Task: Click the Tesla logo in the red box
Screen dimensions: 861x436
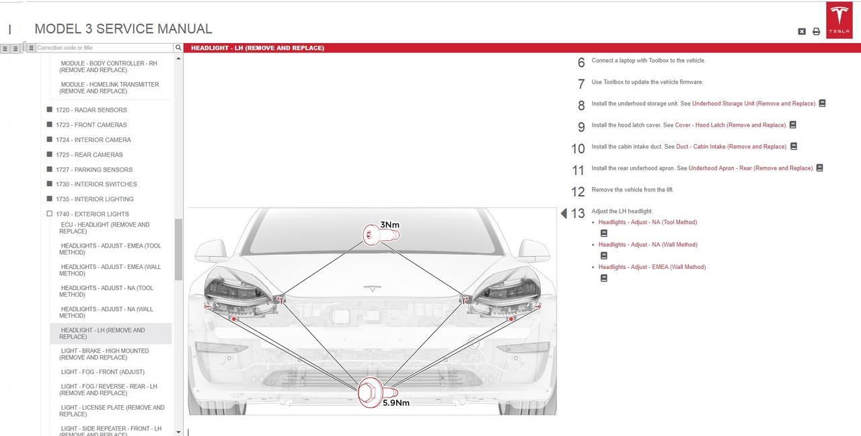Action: click(x=839, y=20)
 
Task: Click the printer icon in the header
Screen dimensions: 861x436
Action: click(x=817, y=32)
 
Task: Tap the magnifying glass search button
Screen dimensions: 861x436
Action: click(x=178, y=48)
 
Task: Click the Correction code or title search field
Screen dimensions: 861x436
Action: click(x=104, y=48)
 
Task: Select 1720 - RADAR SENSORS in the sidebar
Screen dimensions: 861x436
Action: click(x=91, y=110)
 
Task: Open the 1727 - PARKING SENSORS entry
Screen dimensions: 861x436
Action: click(x=94, y=170)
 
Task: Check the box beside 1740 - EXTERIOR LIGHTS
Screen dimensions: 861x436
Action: click(x=50, y=214)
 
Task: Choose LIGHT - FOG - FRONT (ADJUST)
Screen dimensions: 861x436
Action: click(x=103, y=372)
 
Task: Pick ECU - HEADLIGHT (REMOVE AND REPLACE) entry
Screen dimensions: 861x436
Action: click(x=104, y=228)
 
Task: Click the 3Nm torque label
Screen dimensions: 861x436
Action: click(x=389, y=225)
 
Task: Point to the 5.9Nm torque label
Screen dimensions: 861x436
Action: click(x=396, y=402)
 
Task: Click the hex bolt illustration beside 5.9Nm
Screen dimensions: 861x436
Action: click(x=377, y=392)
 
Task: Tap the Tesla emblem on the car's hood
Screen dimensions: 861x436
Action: click(x=372, y=288)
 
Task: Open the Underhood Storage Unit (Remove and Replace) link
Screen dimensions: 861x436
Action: click(x=754, y=104)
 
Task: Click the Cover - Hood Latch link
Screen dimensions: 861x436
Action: click(x=731, y=125)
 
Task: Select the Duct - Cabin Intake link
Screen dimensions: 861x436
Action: click(x=731, y=147)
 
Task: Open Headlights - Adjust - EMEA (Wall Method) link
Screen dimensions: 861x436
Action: click(x=652, y=267)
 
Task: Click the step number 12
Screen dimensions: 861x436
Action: click(x=578, y=192)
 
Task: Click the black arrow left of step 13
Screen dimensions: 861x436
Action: click(x=564, y=213)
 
